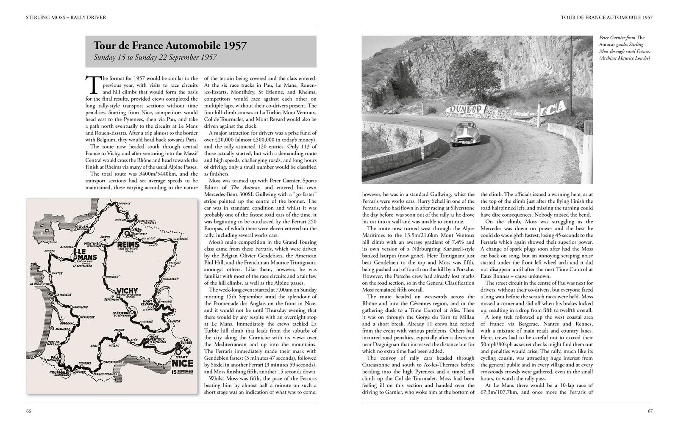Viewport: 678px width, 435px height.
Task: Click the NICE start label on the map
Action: [183, 363]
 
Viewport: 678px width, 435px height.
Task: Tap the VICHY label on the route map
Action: [127, 291]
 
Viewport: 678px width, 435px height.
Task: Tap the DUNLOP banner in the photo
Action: [465, 109]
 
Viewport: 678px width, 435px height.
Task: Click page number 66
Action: [29, 411]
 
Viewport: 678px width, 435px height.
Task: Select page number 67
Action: [650, 411]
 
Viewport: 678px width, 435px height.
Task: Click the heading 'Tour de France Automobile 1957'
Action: [170, 46]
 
